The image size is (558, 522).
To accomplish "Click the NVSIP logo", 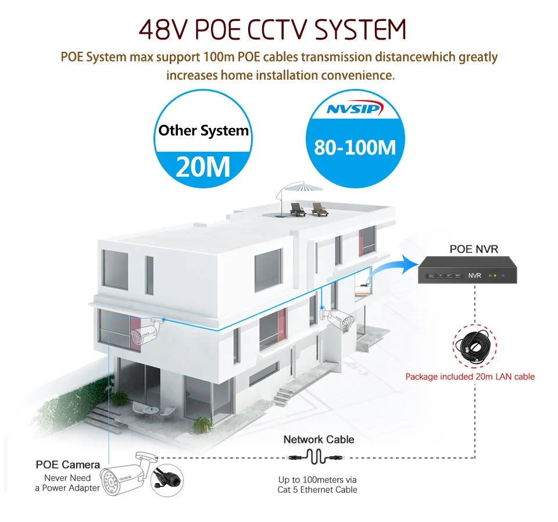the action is point(355,108).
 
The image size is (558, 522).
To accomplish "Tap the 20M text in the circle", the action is point(203,166).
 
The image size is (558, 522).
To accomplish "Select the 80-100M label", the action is point(355,147).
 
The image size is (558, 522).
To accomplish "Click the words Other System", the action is point(203,131).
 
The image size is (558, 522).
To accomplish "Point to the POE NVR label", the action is point(474,249).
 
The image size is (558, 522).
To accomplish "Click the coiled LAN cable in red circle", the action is point(475,345).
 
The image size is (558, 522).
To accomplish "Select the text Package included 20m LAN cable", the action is point(470,377).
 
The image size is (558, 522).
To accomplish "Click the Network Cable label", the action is point(319,439).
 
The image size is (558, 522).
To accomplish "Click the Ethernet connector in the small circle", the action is point(167,480).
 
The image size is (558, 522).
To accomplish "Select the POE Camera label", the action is point(67,464).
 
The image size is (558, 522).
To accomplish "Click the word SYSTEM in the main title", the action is point(360,29).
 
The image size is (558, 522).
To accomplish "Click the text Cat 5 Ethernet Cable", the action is point(317,489).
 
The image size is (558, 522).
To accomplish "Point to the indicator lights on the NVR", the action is point(496,276).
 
